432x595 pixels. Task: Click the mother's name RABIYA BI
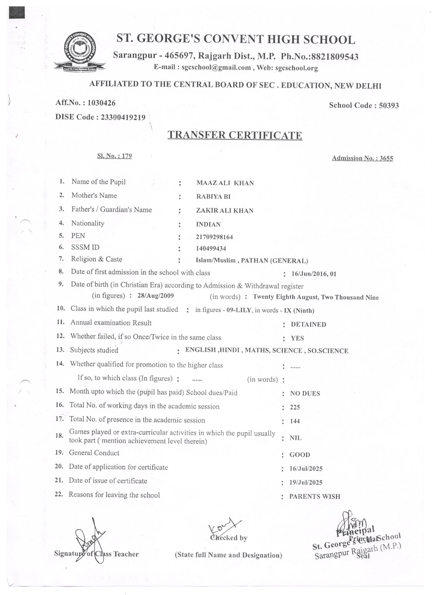tap(213, 197)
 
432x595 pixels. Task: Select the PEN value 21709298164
tap(214, 237)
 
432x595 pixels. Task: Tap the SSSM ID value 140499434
tap(211, 248)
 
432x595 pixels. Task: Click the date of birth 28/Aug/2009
tap(156, 296)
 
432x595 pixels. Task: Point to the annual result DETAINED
tap(308, 324)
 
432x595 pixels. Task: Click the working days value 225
tap(295, 407)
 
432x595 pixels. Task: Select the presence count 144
tap(295, 421)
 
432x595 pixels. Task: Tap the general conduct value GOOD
tap(300, 455)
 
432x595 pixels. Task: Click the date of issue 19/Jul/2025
tap(306, 482)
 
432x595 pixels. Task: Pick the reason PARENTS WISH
tap(315, 496)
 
